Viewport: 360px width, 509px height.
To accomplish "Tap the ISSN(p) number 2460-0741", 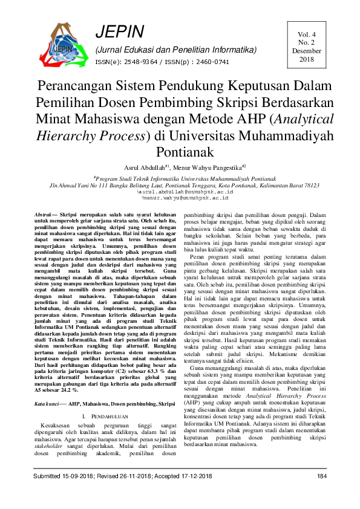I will pos(212,62).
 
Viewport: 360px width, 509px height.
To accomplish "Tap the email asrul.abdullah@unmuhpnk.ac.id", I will pos(181,191).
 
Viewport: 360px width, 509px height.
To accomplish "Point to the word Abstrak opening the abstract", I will pos(43,215).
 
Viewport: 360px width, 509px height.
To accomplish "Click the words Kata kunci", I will pos(47,402).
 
